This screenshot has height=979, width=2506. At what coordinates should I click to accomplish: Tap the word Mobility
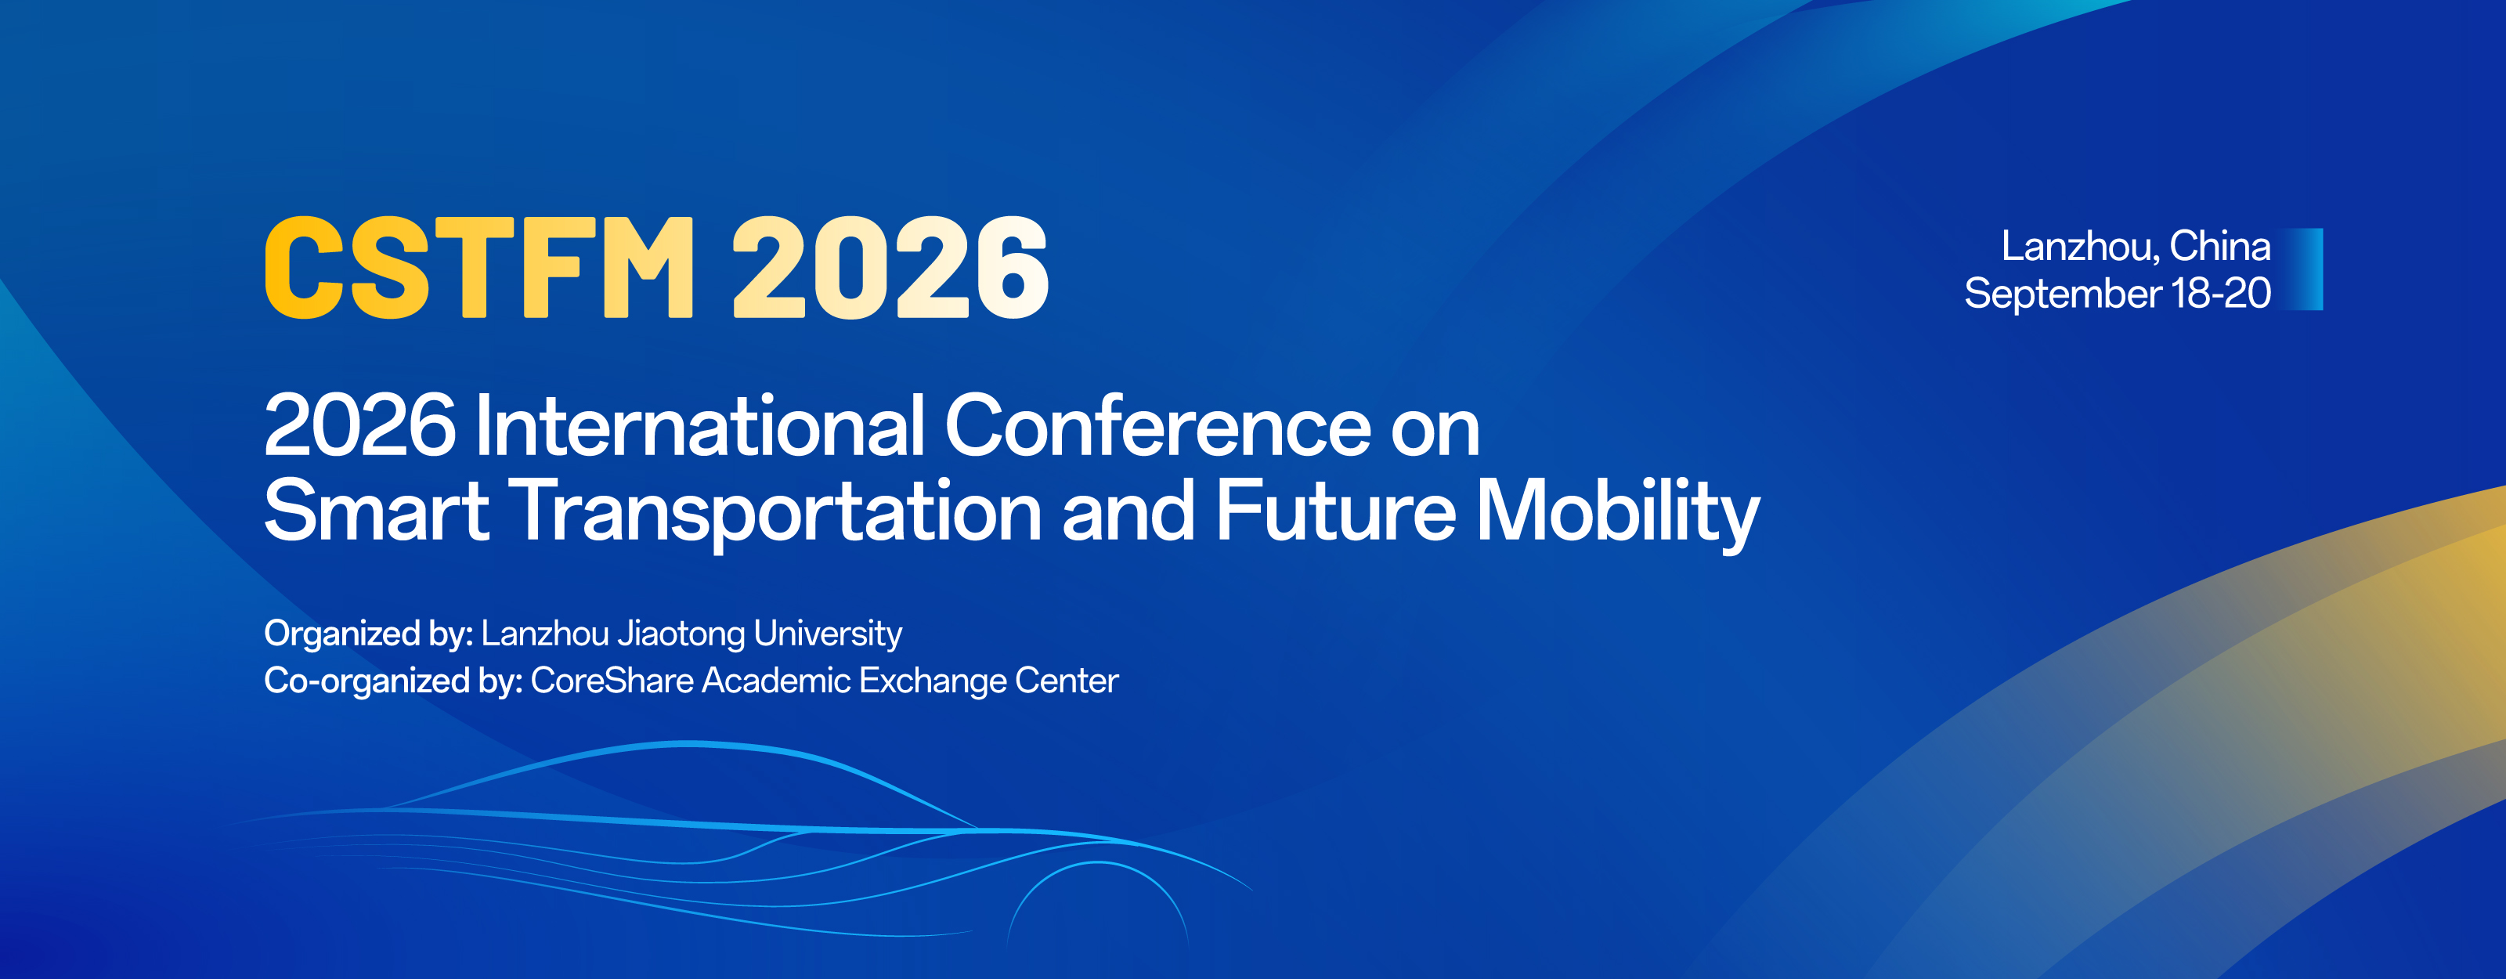tap(1618, 514)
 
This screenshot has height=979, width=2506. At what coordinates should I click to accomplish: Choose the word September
tap(2063, 294)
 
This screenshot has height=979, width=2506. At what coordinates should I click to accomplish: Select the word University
tap(828, 634)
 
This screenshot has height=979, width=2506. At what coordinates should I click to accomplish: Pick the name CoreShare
tap(612, 681)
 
